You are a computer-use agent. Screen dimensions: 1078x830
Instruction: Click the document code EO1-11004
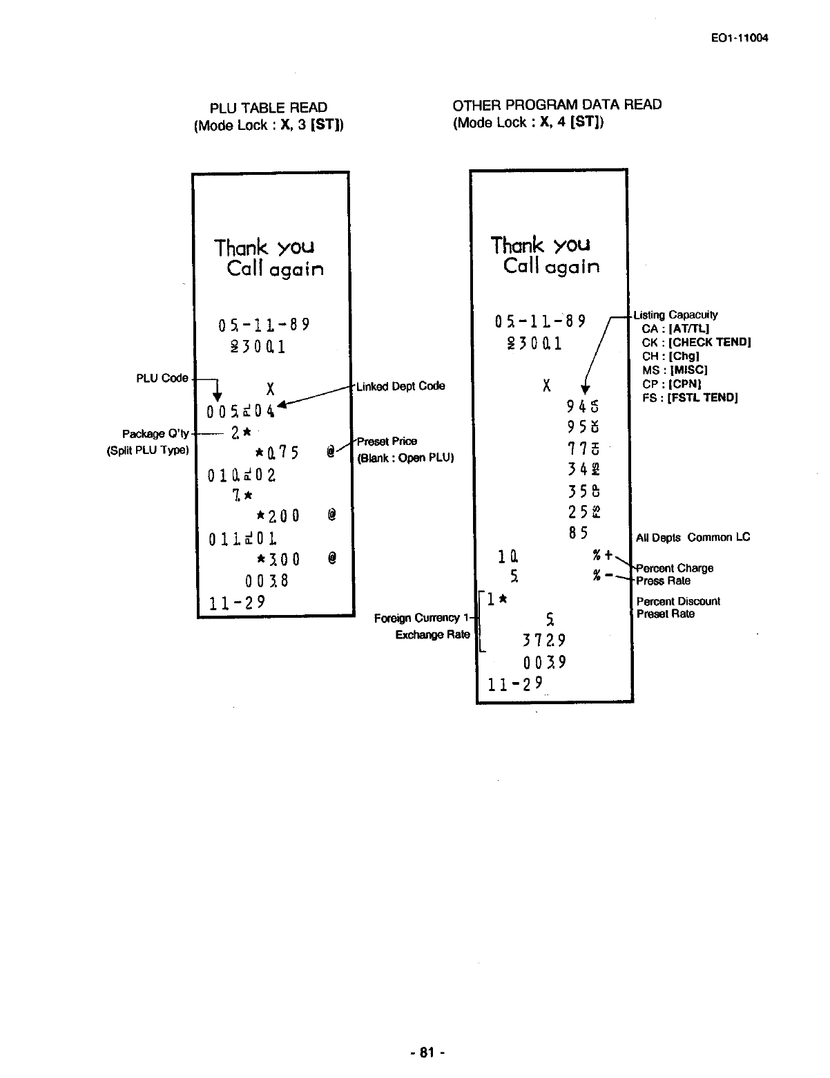tap(739, 38)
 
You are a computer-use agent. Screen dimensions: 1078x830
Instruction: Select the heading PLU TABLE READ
tap(269, 107)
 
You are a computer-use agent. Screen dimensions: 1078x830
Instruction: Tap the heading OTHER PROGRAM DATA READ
tap(557, 104)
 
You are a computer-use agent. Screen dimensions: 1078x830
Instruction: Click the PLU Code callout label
tap(162, 378)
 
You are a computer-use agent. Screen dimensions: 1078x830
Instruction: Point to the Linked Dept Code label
tap(400, 386)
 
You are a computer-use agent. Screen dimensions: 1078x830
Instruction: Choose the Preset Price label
tap(387, 442)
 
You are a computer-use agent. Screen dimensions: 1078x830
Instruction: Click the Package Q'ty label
tap(155, 434)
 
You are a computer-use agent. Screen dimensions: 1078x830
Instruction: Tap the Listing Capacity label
tap(675, 314)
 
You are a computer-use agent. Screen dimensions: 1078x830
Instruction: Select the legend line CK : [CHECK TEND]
tap(696, 342)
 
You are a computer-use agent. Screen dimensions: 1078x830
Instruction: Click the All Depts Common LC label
tap(693, 537)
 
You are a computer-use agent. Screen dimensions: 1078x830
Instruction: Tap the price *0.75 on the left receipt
tap(276, 453)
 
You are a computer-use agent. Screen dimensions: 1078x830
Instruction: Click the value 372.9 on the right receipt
tap(544, 640)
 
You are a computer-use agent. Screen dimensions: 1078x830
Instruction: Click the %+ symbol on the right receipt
tap(602, 556)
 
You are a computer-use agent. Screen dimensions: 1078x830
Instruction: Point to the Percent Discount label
tap(678, 601)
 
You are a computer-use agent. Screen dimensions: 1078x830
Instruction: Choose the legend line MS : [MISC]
tap(675, 370)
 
